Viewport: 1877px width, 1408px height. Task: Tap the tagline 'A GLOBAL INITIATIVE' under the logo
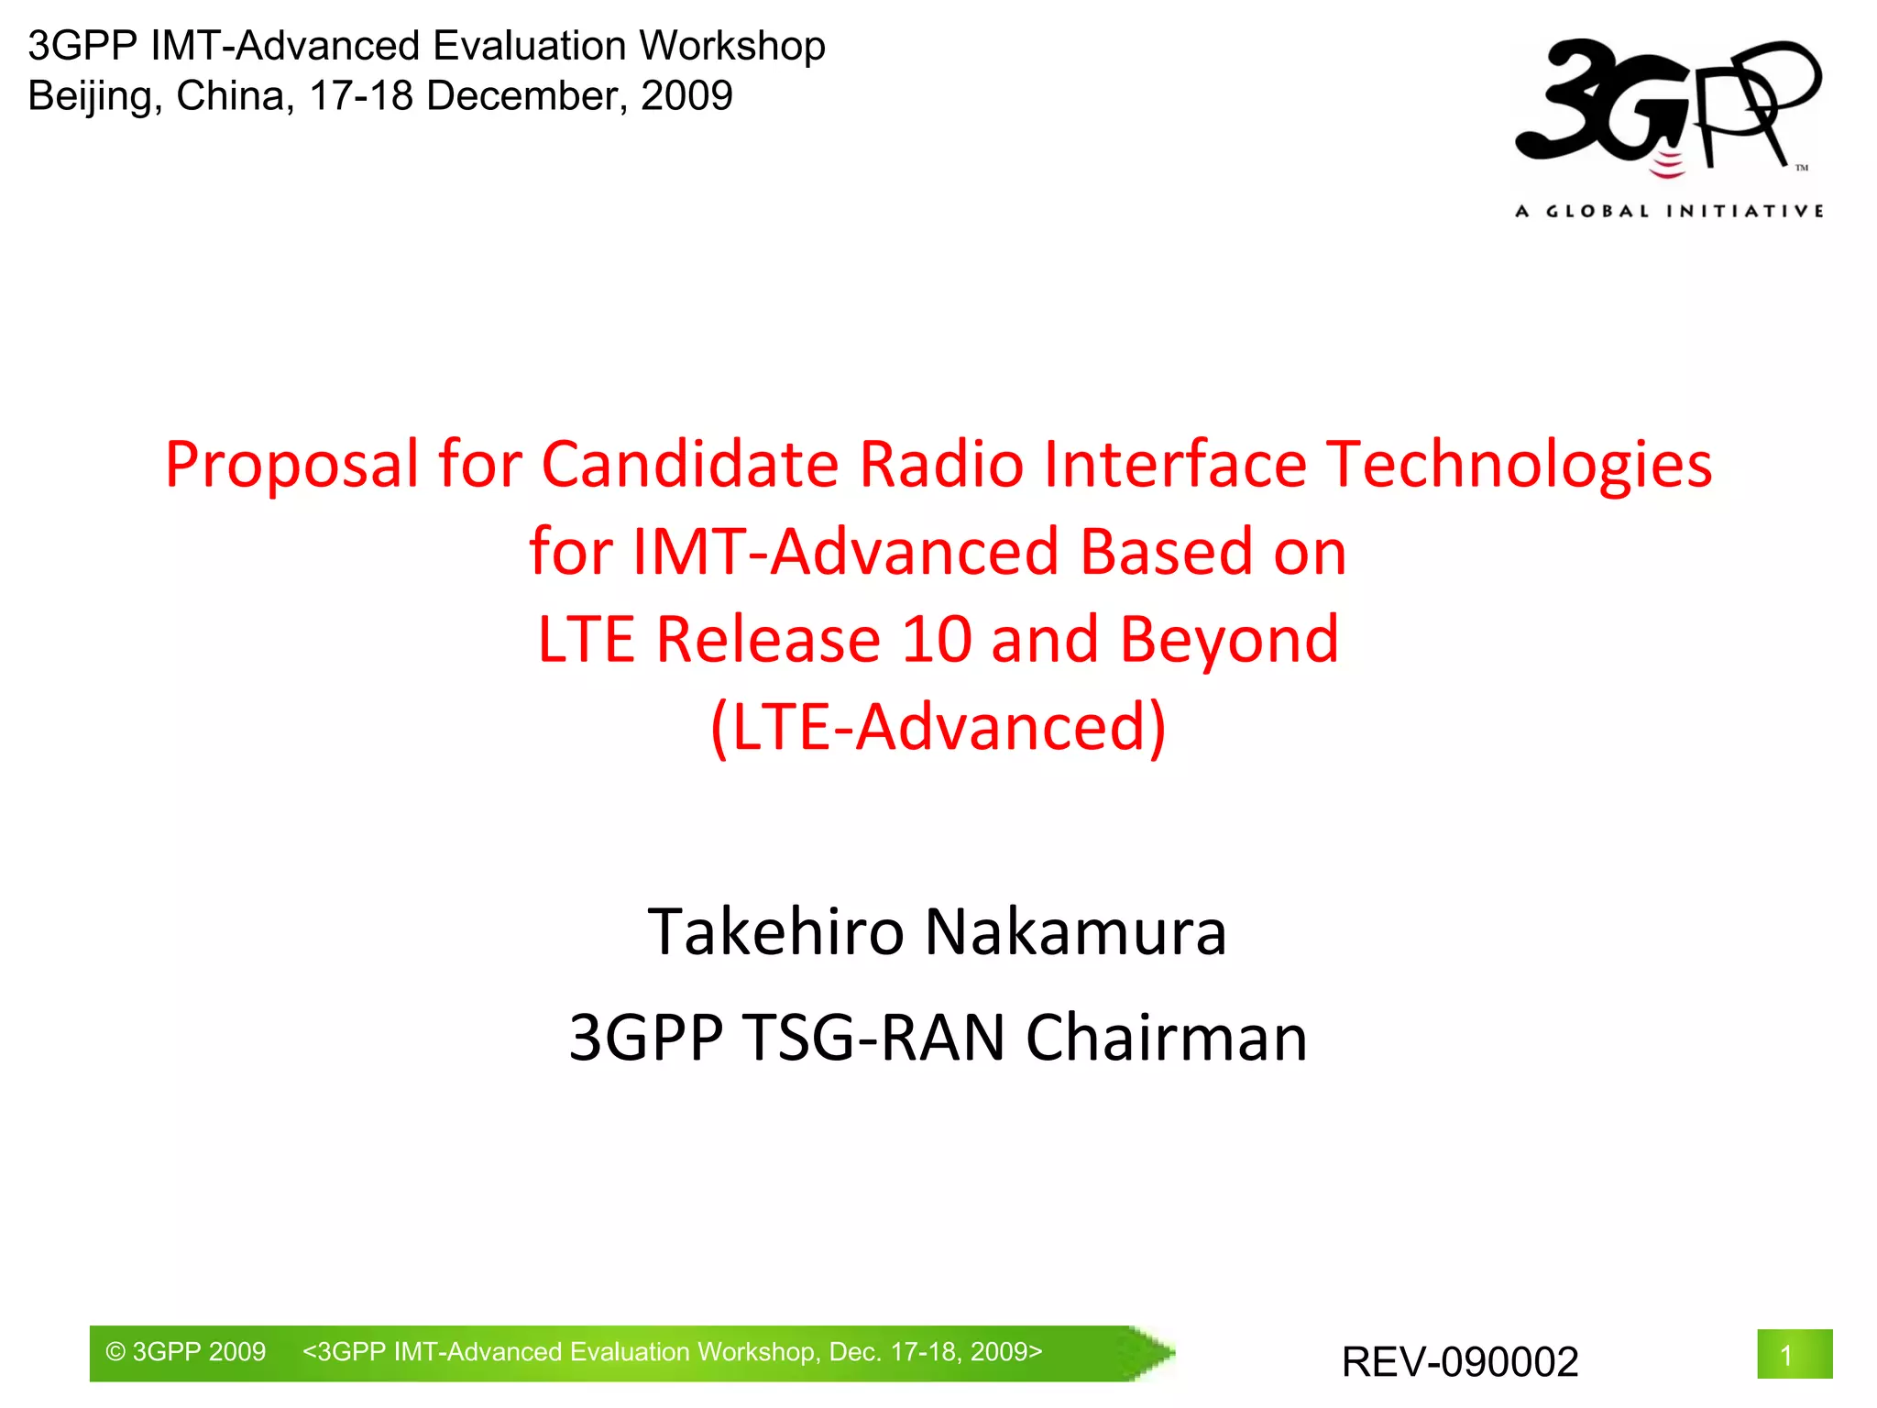pyautogui.click(x=1669, y=212)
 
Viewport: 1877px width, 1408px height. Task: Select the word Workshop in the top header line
pyautogui.click(x=732, y=46)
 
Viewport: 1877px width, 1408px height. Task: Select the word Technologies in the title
pyautogui.click(x=1519, y=465)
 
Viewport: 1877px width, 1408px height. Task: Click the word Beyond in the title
pyautogui.click(x=1229, y=639)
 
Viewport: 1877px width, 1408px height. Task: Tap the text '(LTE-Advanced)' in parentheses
pyautogui.click(x=938, y=727)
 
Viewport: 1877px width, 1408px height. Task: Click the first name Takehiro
pyautogui.click(x=775, y=932)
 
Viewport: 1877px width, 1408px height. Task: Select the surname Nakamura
pyautogui.click(x=1075, y=932)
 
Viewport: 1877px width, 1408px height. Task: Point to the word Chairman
pyautogui.click(x=1166, y=1039)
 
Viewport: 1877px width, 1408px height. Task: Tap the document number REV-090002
pyautogui.click(x=1460, y=1362)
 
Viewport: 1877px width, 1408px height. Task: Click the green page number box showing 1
pyautogui.click(x=1794, y=1354)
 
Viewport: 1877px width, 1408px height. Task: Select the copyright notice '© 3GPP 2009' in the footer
pyautogui.click(x=186, y=1352)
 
